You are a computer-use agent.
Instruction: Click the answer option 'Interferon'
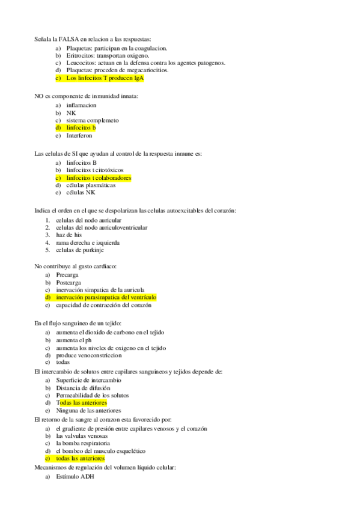(x=79, y=135)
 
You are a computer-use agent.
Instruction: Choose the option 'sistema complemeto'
(x=93, y=120)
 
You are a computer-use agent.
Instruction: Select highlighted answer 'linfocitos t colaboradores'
(x=99, y=178)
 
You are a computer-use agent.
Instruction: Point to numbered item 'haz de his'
(x=69, y=235)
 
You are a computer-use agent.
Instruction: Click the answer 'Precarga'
(x=67, y=275)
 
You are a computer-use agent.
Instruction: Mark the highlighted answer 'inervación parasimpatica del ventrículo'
(x=106, y=297)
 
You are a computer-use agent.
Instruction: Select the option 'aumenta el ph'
(x=75, y=340)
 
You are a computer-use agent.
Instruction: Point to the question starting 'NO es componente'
(x=87, y=96)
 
